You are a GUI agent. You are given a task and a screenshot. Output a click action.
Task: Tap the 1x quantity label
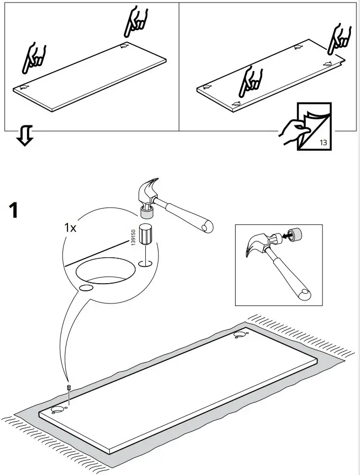[71, 227]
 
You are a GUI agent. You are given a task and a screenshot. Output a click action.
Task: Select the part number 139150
[133, 237]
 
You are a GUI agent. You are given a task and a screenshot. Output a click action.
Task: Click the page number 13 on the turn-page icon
[323, 142]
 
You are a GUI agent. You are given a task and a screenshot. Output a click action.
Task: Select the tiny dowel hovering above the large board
[68, 388]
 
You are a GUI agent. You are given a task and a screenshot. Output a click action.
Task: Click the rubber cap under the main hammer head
[147, 213]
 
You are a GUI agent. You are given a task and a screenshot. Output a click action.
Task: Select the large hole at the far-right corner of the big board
[239, 335]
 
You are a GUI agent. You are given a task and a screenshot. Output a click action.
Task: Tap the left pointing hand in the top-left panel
[34, 58]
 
